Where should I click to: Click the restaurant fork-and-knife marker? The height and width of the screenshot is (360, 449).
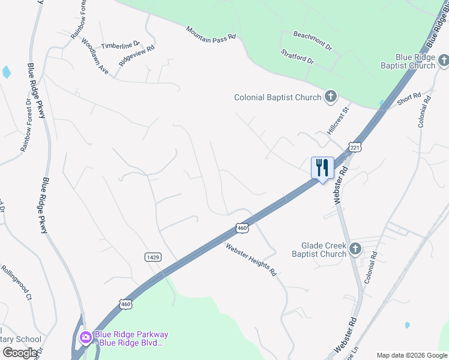(322, 167)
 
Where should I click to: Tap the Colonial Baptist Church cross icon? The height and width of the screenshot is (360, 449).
(330, 97)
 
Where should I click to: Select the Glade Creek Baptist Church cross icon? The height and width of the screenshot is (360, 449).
(355, 248)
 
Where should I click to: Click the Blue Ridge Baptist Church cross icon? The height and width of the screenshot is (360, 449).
(443, 60)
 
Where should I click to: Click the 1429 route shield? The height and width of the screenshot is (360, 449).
(153, 257)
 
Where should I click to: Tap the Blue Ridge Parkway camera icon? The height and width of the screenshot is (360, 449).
(85, 338)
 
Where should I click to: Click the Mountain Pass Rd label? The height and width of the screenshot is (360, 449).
(211, 34)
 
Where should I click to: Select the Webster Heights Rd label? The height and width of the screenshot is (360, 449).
(251, 259)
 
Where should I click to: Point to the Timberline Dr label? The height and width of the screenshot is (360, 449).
(120, 45)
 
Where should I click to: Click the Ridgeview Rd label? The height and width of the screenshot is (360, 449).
(137, 54)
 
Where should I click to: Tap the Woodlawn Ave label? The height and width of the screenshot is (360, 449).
(94, 58)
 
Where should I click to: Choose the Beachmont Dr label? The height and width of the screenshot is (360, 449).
(312, 41)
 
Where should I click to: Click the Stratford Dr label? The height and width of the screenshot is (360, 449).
(297, 57)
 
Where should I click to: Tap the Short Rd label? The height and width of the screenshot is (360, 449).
(409, 100)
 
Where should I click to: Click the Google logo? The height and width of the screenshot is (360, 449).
(20, 352)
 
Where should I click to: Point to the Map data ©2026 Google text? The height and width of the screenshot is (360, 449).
(411, 355)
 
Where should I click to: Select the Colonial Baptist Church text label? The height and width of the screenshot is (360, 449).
(277, 97)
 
